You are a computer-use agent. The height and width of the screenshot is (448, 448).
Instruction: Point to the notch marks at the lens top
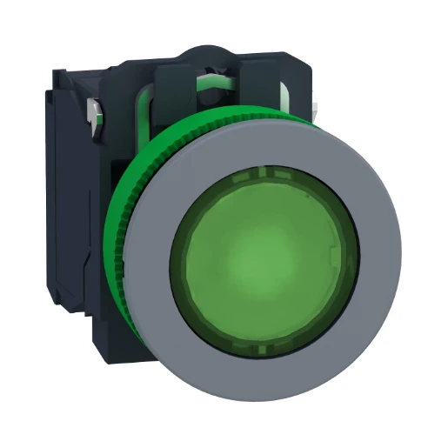(x=261, y=173)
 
